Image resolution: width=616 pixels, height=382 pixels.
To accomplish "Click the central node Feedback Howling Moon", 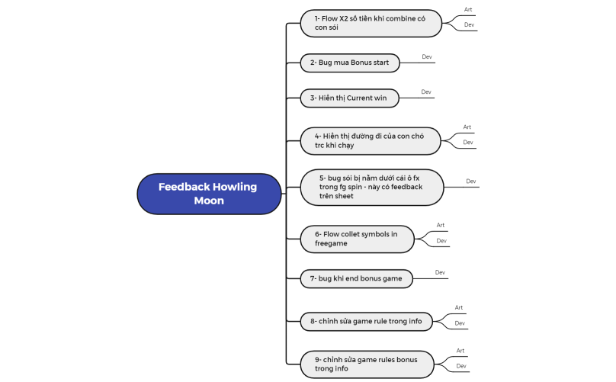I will [x=209, y=194].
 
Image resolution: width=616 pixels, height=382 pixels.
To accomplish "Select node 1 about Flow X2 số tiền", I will [x=371, y=23].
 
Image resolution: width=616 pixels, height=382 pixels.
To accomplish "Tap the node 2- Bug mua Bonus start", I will [x=350, y=63].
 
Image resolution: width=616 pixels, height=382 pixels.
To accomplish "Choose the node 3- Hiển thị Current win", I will [x=350, y=98].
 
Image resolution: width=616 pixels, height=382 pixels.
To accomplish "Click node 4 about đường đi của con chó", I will [x=371, y=140].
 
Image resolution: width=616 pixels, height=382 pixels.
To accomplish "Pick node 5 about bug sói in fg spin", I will [x=371, y=187].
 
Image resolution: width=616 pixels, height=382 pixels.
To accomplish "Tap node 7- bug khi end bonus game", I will [x=357, y=279].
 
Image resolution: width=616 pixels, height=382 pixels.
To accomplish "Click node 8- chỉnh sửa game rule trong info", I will [x=367, y=321].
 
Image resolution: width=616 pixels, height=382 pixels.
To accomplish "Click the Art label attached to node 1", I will [x=469, y=10].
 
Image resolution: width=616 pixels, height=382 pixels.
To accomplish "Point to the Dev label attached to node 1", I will [x=469, y=24].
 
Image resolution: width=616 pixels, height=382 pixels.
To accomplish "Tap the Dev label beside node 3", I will [x=426, y=92].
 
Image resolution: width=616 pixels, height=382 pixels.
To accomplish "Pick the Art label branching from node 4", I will [x=467, y=127].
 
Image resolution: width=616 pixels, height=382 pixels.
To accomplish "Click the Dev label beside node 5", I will [x=471, y=181].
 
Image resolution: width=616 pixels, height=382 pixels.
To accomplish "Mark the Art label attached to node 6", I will [x=441, y=226].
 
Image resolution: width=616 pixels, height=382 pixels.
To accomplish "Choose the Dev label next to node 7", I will [x=440, y=272].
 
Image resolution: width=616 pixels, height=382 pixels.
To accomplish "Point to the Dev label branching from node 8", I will [x=460, y=323].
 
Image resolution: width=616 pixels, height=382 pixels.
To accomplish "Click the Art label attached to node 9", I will [x=460, y=351].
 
